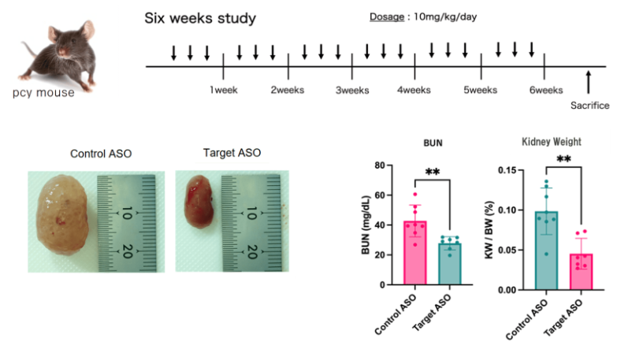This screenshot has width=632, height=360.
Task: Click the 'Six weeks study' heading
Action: (x=199, y=17)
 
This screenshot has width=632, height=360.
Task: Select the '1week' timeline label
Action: (x=223, y=91)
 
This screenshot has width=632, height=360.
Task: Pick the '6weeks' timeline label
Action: (x=546, y=91)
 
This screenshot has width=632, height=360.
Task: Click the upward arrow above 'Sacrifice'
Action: (x=588, y=81)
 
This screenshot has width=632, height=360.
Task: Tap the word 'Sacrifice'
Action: (x=590, y=106)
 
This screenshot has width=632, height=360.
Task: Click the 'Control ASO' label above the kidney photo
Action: (x=101, y=153)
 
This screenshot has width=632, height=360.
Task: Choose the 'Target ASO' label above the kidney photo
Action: (x=232, y=153)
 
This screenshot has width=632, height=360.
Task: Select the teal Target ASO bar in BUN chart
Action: (x=449, y=265)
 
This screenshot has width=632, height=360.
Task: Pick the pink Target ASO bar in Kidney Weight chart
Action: (x=581, y=272)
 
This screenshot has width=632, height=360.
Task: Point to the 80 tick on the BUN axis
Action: (x=389, y=166)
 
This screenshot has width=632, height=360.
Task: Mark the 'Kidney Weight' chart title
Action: (x=552, y=143)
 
